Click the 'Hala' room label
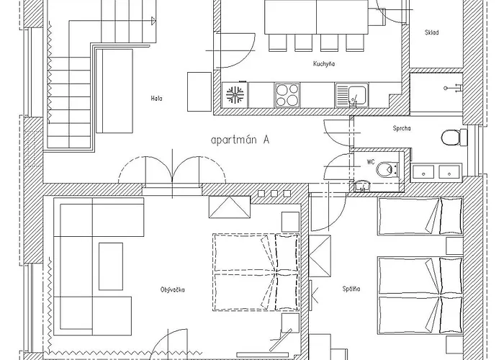pyautogui.click(x=156, y=99)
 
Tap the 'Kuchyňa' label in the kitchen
pyautogui.click(x=324, y=63)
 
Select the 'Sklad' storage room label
pyautogui.click(x=432, y=32)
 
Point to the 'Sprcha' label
pyautogui.click(x=402, y=128)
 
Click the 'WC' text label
pyautogui.click(x=371, y=162)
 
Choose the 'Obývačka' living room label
pyautogui.click(x=173, y=290)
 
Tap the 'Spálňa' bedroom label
pyautogui.click(x=351, y=289)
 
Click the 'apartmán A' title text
pyautogui.click(x=240, y=140)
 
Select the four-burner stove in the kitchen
pyautogui.click(x=287, y=95)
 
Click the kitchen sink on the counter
pyautogui.click(x=351, y=95)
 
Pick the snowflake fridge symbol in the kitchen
pyautogui.click(x=235, y=94)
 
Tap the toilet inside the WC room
pyautogui.click(x=387, y=169)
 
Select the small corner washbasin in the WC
pyautogui.click(x=362, y=186)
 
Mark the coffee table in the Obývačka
pyautogui.click(x=111, y=266)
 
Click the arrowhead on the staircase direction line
pyautogui.click(x=153, y=21)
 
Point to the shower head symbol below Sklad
pyautogui.click(x=453, y=87)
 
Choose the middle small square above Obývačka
pyautogui.click(x=274, y=194)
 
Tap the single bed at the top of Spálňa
pyautogui.click(x=420, y=216)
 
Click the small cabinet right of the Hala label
pyautogui.click(x=199, y=92)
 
